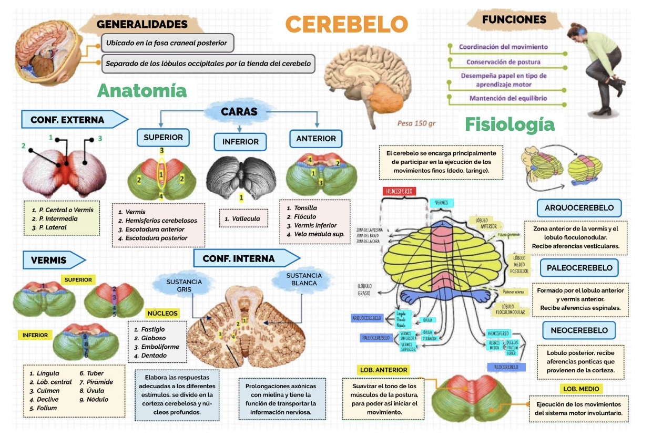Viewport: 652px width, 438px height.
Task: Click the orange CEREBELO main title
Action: [x=347, y=24]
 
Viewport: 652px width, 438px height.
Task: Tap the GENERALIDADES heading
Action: [x=142, y=24]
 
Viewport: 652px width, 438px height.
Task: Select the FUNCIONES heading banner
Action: [x=514, y=20]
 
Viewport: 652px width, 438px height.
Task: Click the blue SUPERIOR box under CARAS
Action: [x=163, y=138]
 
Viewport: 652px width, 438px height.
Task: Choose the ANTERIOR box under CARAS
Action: [x=316, y=139]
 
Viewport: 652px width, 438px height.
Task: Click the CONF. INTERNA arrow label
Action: [x=240, y=258]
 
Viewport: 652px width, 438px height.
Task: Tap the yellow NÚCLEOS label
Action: [x=162, y=313]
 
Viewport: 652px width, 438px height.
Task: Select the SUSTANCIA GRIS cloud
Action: [x=184, y=285]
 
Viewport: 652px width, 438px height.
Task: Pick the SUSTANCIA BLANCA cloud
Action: [x=304, y=279]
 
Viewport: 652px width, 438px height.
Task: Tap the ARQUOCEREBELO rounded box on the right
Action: [x=579, y=208]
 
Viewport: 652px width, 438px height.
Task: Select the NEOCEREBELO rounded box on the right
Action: [x=579, y=330]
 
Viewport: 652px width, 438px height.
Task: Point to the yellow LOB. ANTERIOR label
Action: [x=383, y=370]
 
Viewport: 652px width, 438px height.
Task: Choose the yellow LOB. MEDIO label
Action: [x=581, y=389]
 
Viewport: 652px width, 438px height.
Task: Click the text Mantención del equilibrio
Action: [x=508, y=98]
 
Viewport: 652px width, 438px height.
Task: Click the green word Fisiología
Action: [x=510, y=124]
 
